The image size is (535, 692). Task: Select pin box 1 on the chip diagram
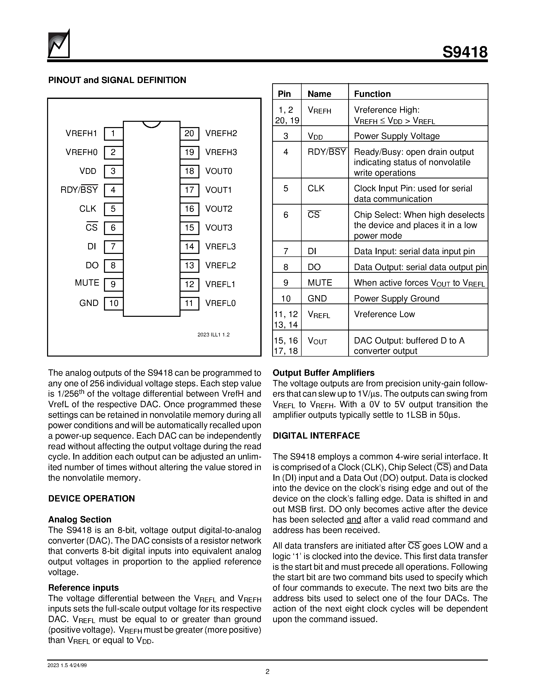click(113, 133)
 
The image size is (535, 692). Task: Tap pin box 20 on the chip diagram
click(189, 133)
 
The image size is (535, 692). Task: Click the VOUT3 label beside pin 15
click(219, 228)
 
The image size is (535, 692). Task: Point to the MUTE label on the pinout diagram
click(87, 283)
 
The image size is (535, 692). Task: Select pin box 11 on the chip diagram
click(189, 303)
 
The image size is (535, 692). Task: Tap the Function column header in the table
click(372, 94)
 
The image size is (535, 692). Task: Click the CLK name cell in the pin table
click(316, 188)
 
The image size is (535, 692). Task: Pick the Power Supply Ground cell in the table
click(397, 298)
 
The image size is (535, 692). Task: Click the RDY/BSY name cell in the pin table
click(327, 152)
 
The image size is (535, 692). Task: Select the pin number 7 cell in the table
click(286, 251)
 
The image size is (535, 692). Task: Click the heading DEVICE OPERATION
click(91, 498)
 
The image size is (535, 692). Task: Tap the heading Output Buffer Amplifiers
click(323, 373)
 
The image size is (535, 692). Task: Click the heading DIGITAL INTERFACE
click(316, 436)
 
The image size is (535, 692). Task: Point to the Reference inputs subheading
click(83, 588)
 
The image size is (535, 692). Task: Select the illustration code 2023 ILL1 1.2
click(213, 335)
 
